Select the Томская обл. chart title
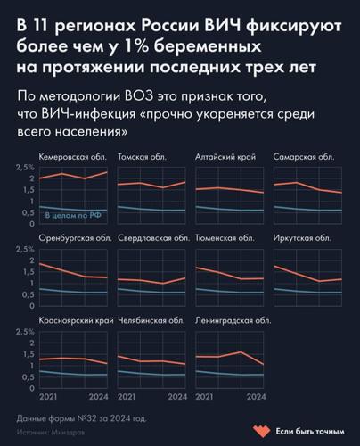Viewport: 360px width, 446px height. point(140,157)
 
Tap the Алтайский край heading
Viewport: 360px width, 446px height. point(225,157)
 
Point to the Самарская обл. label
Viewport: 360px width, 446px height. point(303,157)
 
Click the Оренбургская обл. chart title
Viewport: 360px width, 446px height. point(74,238)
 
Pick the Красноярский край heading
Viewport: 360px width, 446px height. point(75,319)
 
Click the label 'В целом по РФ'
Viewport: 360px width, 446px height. point(71,215)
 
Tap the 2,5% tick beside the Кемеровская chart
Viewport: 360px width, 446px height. point(24,167)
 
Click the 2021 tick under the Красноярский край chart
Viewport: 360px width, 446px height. point(48,396)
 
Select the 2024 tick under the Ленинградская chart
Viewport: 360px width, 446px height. point(256,396)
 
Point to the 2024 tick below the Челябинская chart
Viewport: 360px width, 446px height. point(178,396)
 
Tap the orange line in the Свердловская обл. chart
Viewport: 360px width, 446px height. point(151,280)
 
